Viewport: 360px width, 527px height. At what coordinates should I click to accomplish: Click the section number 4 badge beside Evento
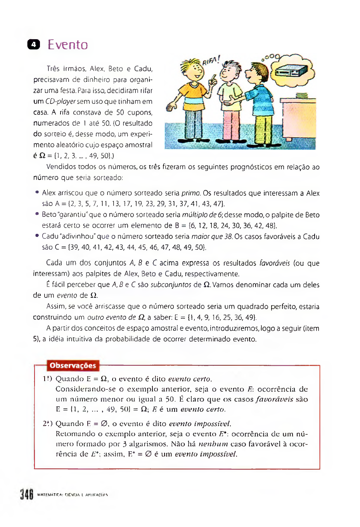pos(34,45)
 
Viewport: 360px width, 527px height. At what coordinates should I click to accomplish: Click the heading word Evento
pos(68,45)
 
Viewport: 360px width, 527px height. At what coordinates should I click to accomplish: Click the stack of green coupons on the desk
pos(301,95)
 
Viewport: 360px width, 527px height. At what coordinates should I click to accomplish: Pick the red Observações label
pos(73,366)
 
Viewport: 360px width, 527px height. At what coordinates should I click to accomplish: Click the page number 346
pos(27,495)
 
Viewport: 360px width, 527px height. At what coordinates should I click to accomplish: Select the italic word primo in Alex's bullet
pos(191,193)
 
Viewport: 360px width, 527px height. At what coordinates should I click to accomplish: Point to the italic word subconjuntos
pos(171,285)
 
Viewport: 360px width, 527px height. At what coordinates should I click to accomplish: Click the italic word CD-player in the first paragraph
pos(60,102)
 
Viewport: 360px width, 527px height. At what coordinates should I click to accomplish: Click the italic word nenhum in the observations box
pos(213,444)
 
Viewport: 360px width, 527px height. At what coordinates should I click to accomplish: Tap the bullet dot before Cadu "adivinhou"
pos(37,235)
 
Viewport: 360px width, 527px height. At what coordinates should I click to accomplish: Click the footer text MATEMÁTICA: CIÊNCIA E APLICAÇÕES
pos(73,495)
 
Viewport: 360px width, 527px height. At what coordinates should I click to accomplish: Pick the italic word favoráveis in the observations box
pos(274,399)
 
